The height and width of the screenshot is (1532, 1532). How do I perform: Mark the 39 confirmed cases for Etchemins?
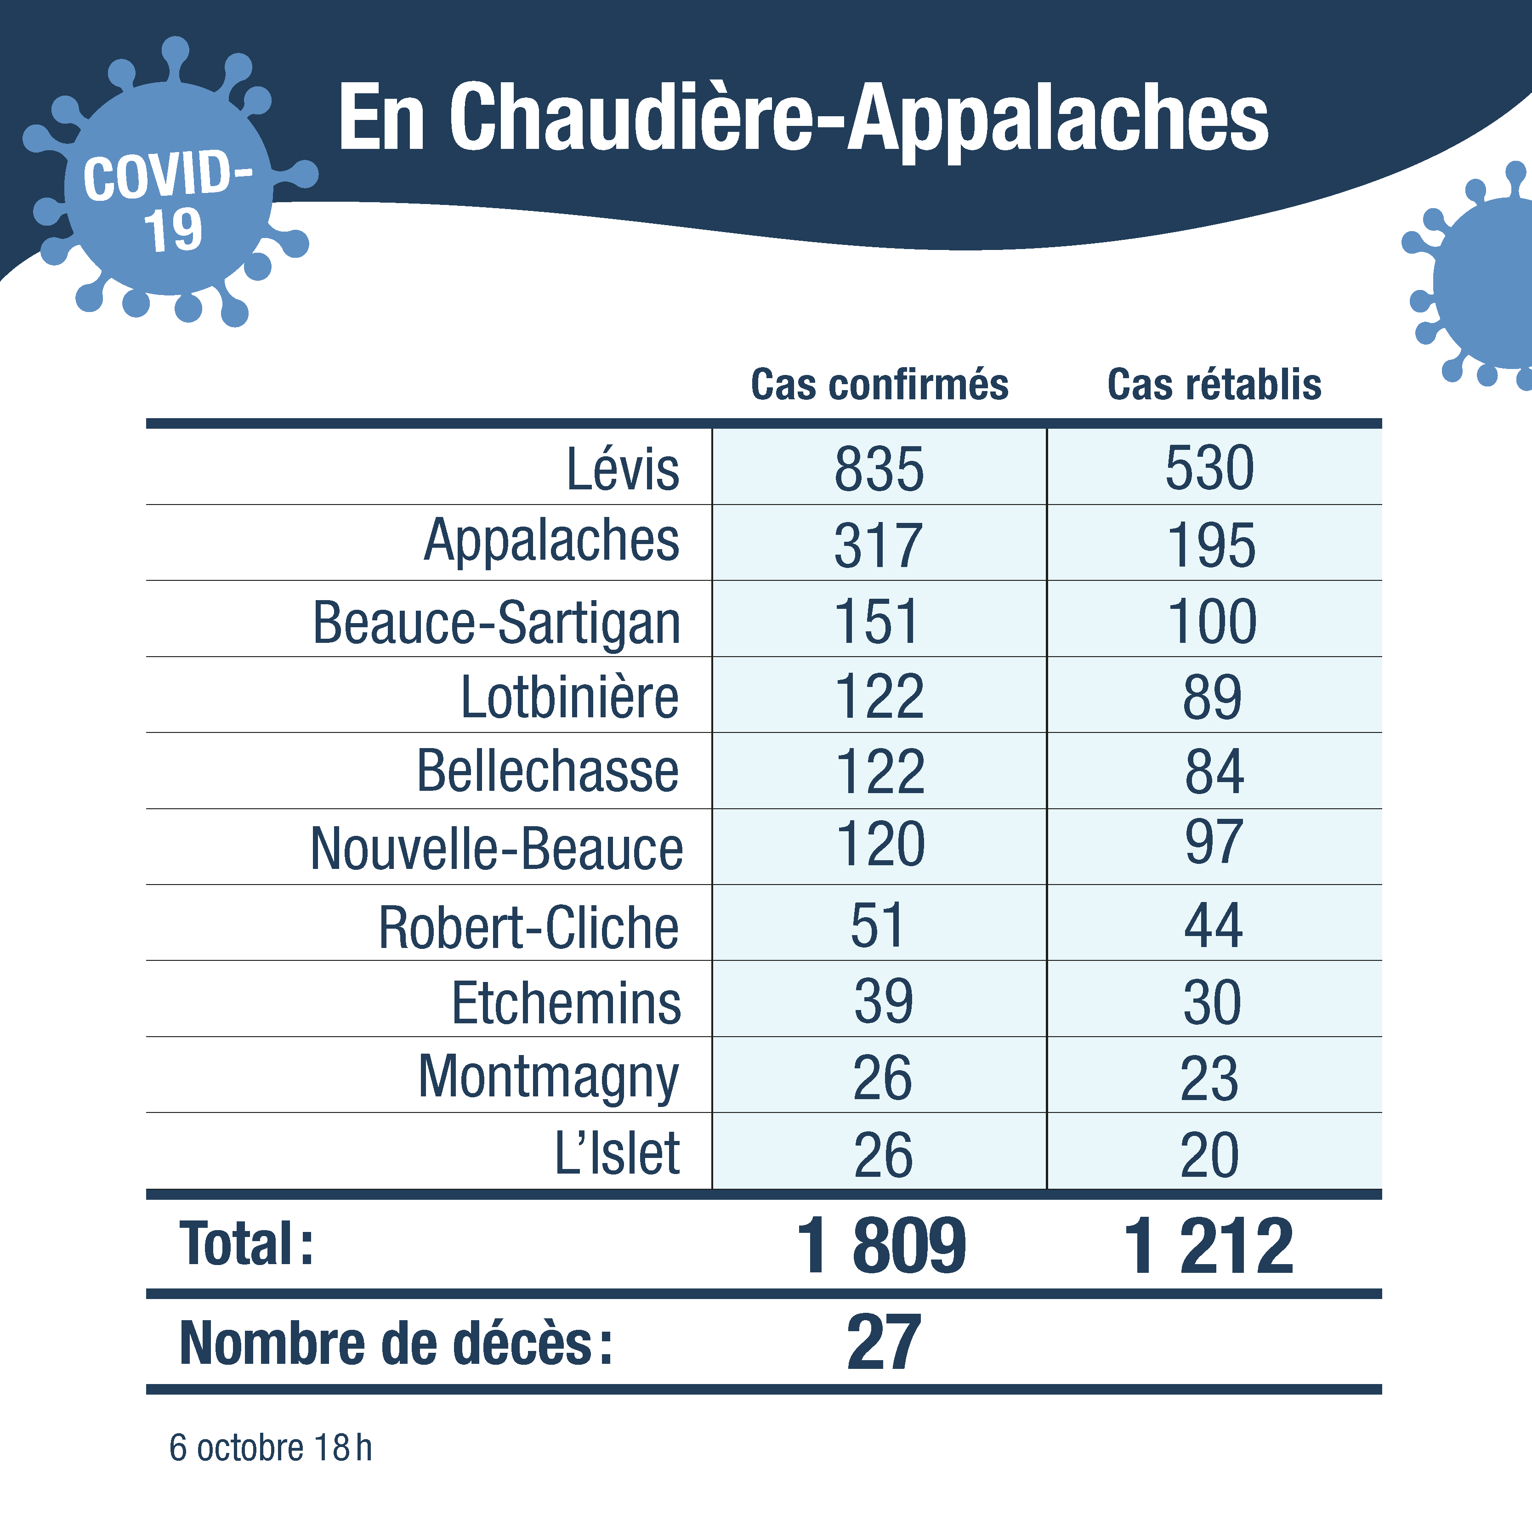tap(883, 1001)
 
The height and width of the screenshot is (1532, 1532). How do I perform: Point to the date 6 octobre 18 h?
tap(270, 1448)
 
